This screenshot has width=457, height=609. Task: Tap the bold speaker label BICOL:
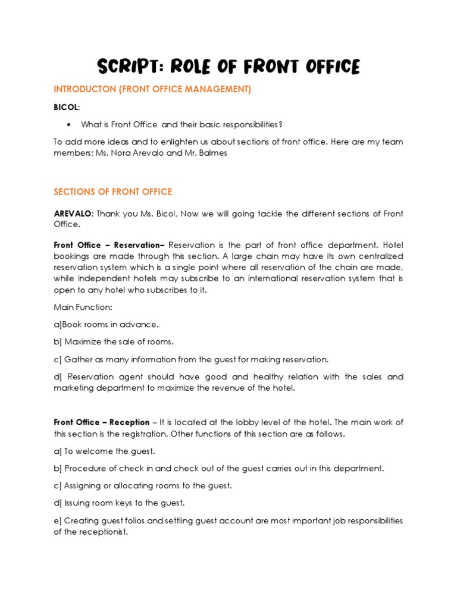point(67,107)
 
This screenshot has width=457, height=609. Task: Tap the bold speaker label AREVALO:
point(73,214)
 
